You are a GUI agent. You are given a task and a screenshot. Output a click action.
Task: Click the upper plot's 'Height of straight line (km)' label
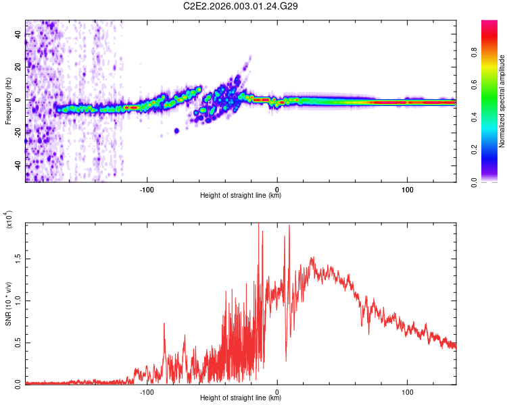(241, 196)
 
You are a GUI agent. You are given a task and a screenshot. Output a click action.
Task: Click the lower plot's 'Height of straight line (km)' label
(241, 398)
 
